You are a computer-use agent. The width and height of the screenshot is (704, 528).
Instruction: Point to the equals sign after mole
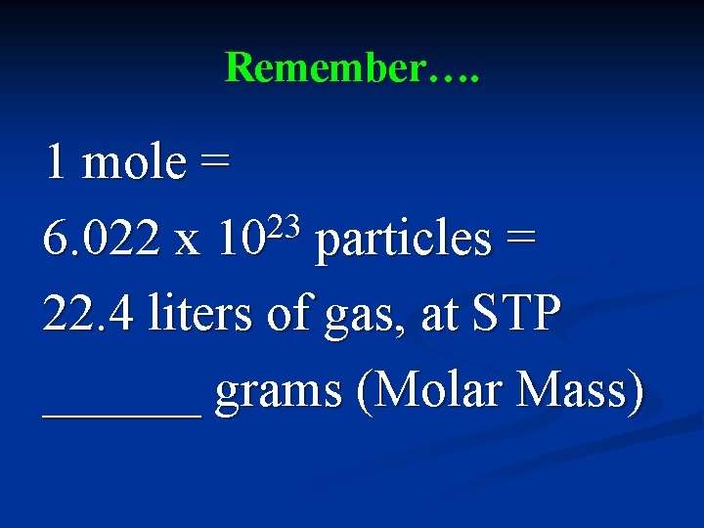tap(213, 164)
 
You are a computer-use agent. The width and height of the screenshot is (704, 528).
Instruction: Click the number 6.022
tap(102, 240)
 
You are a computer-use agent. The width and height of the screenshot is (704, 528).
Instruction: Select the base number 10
tap(240, 240)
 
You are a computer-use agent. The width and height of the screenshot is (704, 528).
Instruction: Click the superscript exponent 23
tap(285, 225)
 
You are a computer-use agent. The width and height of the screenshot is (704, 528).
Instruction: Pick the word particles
tap(403, 240)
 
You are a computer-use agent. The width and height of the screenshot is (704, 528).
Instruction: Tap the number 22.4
tap(89, 315)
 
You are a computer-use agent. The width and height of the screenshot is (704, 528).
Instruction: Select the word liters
tap(206, 315)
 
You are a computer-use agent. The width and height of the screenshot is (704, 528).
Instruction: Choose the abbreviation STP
tap(515, 315)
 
